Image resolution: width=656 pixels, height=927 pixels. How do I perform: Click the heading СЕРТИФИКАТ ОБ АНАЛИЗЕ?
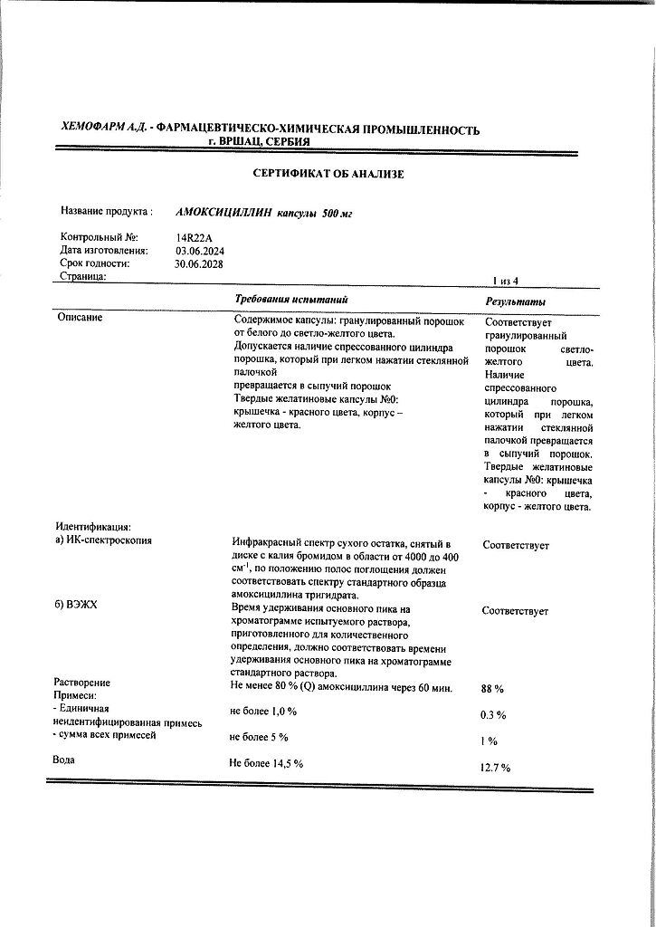[x=328, y=173]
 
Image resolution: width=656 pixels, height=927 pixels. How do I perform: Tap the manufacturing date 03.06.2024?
[x=200, y=251]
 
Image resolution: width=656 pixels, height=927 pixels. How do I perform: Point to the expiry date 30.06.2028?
[x=199, y=264]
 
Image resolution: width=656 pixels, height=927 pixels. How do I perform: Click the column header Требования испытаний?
[x=291, y=299]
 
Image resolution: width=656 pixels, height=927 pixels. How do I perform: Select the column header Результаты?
[x=516, y=301]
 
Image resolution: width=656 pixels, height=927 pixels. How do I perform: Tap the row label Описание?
[x=80, y=318]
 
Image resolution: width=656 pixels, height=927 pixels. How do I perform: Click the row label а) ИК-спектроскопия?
[x=104, y=540]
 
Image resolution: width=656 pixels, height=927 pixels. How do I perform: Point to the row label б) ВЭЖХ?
[x=76, y=605]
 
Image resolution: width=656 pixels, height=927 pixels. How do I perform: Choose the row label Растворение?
[x=82, y=682]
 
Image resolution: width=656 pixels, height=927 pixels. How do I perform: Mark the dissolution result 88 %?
[x=493, y=689]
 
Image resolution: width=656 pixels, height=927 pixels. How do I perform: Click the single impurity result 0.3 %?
[x=493, y=715]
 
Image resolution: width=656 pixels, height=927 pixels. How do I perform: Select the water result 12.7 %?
[x=496, y=768]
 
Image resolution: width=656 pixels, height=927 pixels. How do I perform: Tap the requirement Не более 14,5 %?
[x=267, y=763]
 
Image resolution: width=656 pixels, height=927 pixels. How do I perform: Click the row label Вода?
[x=63, y=760]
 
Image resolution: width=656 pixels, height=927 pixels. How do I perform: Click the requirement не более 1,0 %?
[x=263, y=711]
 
